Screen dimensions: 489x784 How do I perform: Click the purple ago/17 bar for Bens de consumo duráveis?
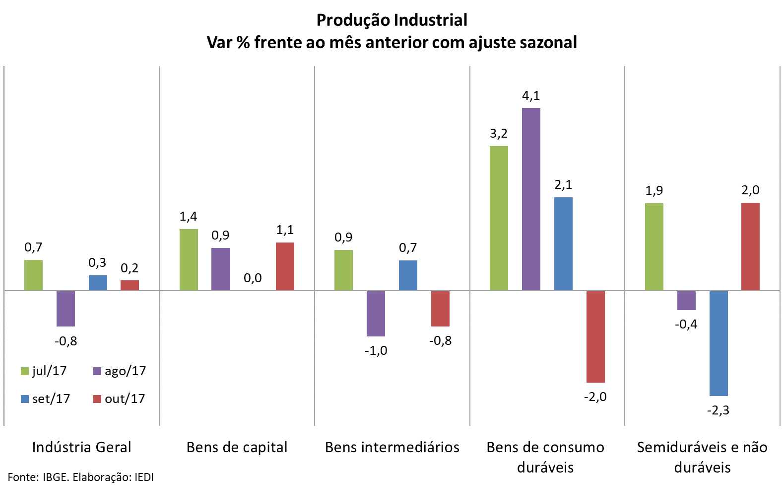click(531, 199)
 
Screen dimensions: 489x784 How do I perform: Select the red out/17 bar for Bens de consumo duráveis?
click(595, 336)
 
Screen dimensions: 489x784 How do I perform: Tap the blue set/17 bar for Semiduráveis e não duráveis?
click(719, 343)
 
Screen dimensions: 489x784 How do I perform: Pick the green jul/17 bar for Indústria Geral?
click(33, 275)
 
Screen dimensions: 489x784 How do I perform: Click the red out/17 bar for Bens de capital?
click(285, 266)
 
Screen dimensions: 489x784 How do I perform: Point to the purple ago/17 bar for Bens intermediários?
click(376, 313)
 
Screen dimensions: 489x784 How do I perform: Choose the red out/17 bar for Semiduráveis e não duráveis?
click(750, 246)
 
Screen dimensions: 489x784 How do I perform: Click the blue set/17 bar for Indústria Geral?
click(98, 283)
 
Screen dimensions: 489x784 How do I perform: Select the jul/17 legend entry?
click(44, 371)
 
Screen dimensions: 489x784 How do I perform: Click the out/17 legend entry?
click(119, 399)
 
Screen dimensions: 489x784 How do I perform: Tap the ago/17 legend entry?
click(120, 371)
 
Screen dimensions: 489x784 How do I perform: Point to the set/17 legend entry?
click(46, 399)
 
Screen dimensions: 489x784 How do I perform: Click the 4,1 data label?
click(531, 95)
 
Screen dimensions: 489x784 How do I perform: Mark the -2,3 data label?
click(718, 410)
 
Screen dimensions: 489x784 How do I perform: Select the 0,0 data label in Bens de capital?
click(253, 278)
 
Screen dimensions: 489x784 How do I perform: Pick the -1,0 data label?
click(376, 351)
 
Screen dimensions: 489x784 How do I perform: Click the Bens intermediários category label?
click(392, 447)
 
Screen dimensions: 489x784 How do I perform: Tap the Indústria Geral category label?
click(82, 447)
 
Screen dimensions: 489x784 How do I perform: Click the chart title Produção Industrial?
click(392, 20)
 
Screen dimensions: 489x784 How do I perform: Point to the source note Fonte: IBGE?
click(81, 478)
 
